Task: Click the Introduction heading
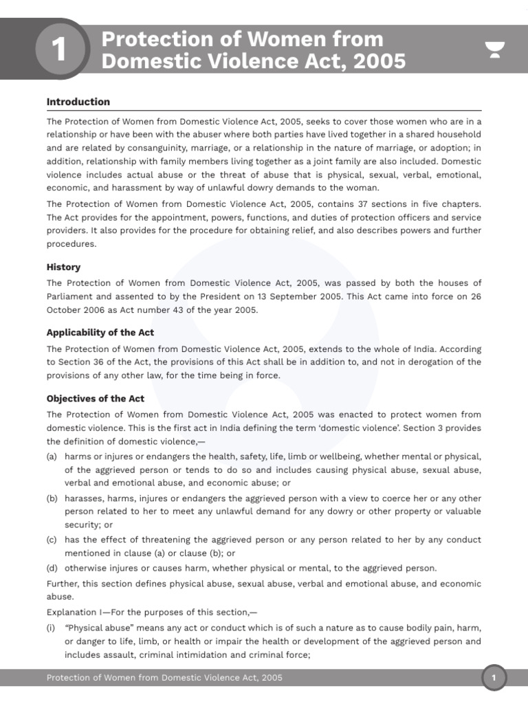click(78, 102)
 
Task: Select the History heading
click(63, 267)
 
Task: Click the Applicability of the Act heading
click(100, 332)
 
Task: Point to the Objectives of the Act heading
click(96, 398)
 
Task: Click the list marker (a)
click(52, 456)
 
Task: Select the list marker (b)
click(52, 498)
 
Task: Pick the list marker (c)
click(52, 540)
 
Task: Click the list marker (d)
click(52, 568)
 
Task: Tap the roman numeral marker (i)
click(52, 628)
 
